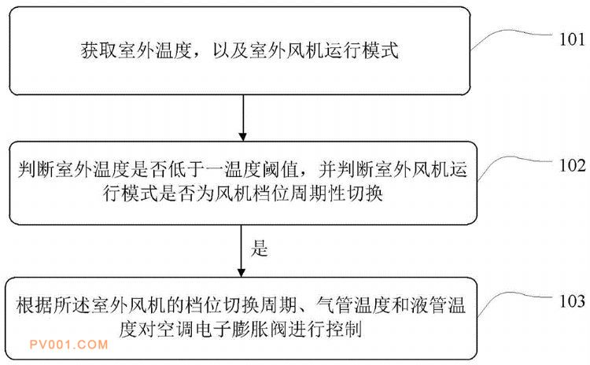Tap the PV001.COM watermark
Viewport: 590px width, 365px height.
(69, 345)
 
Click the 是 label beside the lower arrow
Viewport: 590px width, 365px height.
(260, 249)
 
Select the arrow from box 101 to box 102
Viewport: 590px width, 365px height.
(243, 118)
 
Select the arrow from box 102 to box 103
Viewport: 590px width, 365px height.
(242, 252)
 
